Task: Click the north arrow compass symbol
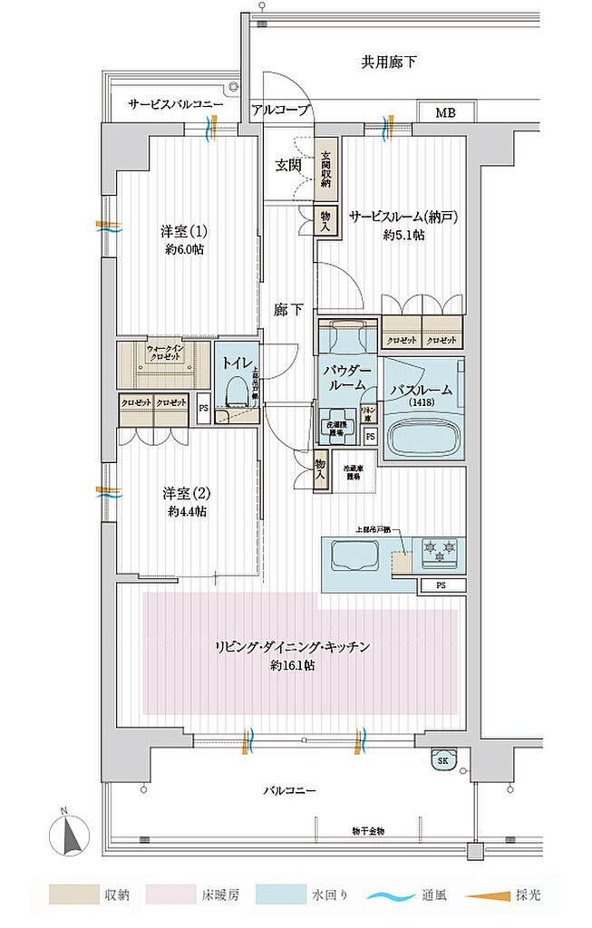point(70,832)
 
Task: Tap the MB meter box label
point(444,113)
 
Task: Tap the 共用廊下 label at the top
point(388,63)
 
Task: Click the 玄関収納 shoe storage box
point(325,169)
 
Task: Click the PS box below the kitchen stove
point(441,585)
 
